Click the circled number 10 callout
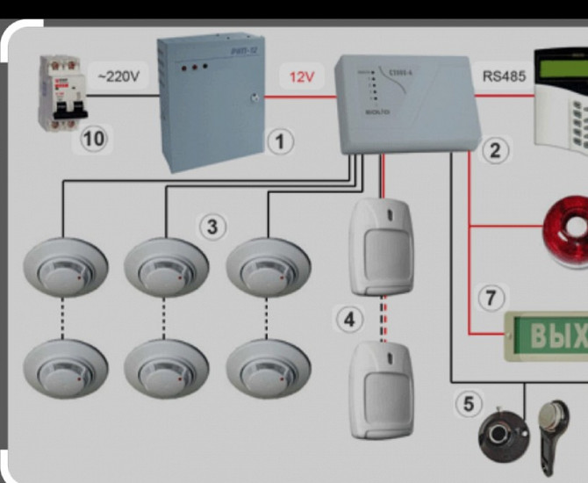coord(94,141)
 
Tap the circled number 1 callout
coord(279,141)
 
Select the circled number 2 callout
coord(495,150)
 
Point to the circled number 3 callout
coord(212,227)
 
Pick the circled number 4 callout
coord(350,320)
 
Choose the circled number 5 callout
coord(469,404)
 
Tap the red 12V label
coord(302,77)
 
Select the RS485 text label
coord(504,76)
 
